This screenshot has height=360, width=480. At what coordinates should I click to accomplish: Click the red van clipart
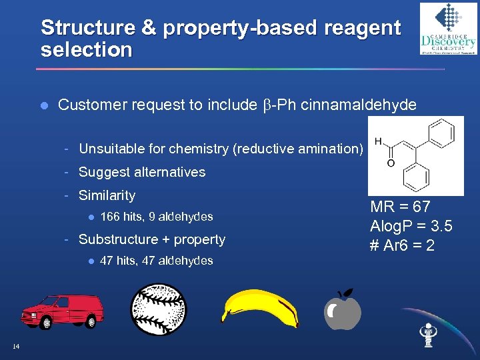click(x=63, y=310)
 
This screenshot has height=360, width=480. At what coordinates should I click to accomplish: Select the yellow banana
click(x=260, y=308)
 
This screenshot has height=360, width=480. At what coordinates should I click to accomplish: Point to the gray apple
click(x=344, y=311)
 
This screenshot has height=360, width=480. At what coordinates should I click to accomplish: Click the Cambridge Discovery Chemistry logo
click(x=447, y=29)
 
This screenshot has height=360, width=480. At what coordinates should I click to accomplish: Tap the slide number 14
click(x=16, y=345)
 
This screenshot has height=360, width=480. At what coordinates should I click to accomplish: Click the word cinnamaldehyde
click(x=360, y=105)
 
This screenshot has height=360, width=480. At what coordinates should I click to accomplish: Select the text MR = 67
click(x=401, y=207)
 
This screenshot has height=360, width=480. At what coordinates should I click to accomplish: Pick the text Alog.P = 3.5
click(x=411, y=226)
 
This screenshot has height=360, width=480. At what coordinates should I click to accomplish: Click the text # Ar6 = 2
click(x=403, y=245)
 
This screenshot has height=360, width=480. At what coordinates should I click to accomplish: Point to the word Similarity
click(x=107, y=195)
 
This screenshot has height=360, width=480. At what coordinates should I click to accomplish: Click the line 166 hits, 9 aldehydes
click(x=156, y=217)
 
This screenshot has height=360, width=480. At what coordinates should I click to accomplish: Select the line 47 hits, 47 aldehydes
click(x=156, y=261)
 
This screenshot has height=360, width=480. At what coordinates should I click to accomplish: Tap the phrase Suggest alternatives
click(x=142, y=172)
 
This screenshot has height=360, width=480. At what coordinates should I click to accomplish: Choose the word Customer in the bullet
click(x=89, y=105)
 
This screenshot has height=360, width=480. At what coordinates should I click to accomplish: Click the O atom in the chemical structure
click(x=390, y=163)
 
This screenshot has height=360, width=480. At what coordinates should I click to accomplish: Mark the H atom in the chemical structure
click(x=378, y=141)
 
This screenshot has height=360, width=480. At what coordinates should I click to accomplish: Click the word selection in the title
click(x=87, y=50)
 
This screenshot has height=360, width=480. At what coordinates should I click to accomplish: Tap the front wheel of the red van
click(x=47, y=323)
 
